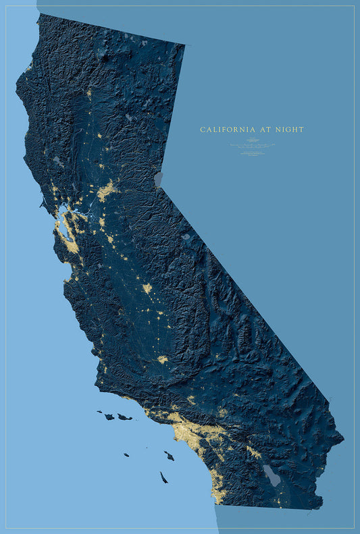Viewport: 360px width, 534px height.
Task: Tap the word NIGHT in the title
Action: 290,129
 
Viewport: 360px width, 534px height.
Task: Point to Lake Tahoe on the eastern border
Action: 159,179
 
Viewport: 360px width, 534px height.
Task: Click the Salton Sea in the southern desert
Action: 272,475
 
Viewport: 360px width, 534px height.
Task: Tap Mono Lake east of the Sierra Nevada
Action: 186,237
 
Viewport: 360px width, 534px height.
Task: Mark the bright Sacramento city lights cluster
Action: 106,191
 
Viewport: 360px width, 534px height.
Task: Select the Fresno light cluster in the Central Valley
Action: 147,288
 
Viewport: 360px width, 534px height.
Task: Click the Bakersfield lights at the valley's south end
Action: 162,360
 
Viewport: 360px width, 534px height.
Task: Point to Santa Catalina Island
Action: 169,456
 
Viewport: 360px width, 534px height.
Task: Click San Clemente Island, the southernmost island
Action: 163,477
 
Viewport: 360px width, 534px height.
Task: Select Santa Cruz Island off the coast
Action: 124,417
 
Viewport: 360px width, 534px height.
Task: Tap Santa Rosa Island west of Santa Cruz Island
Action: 109,416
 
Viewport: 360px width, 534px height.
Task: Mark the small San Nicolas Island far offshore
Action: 126,454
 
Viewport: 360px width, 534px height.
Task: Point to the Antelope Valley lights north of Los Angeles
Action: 191,400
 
